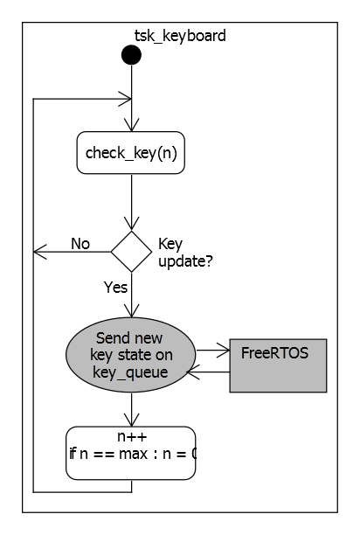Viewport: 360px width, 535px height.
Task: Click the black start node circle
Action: (x=131, y=56)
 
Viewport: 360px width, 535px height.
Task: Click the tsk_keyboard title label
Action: (x=181, y=36)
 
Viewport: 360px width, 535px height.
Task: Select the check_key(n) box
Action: (x=131, y=154)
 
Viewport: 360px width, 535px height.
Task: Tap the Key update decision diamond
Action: (x=131, y=252)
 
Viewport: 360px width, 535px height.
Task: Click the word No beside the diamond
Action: (x=80, y=243)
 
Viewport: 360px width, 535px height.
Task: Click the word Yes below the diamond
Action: (x=115, y=286)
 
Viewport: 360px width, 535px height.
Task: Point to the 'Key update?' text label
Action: (x=184, y=253)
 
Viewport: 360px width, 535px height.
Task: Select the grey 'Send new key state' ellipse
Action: (x=131, y=353)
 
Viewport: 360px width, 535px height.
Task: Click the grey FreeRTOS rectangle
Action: (x=278, y=365)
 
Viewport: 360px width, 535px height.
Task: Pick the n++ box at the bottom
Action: (x=131, y=453)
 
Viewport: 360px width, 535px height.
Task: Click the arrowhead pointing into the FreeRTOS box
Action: (x=223, y=351)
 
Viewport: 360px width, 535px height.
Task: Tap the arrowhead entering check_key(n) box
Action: (x=131, y=128)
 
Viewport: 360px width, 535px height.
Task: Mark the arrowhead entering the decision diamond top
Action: (x=131, y=225)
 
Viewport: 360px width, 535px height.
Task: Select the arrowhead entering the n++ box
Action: (x=131, y=420)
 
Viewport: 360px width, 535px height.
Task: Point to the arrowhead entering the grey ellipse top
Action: (x=131, y=312)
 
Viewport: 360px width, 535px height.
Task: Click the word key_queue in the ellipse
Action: (x=131, y=370)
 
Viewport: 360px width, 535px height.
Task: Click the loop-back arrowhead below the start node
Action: (x=125, y=98)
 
